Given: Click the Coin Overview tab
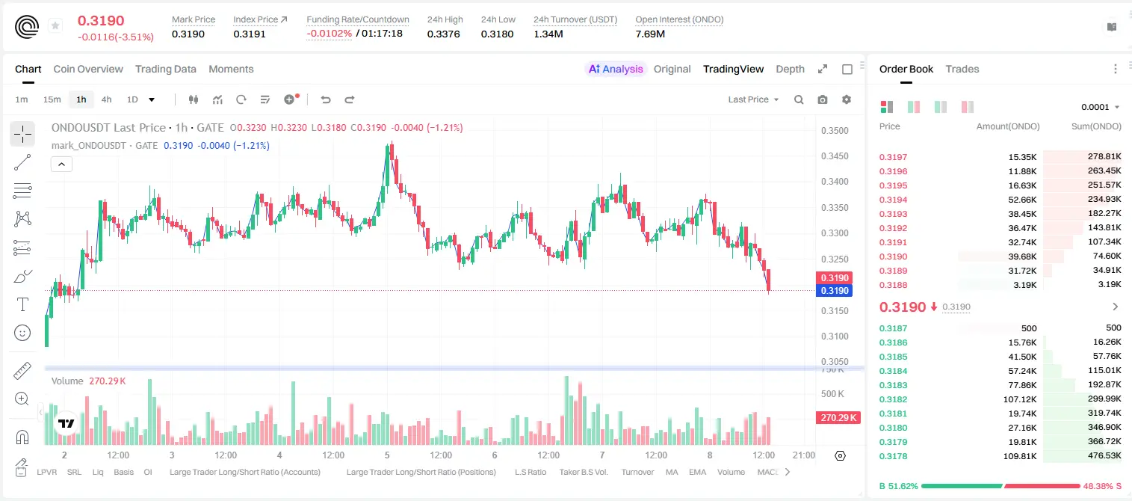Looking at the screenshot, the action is click(x=88, y=69).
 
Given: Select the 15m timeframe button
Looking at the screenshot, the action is click(x=52, y=99).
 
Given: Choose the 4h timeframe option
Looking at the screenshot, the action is click(x=106, y=99).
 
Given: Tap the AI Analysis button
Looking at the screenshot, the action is click(x=615, y=69).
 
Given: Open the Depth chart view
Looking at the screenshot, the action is click(x=790, y=69).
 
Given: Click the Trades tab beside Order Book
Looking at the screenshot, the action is click(x=962, y=69).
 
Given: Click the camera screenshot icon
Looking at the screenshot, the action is click(x=823, y=99).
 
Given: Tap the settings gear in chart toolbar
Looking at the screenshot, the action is click(x=847, y=99).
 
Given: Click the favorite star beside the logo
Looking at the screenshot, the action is click(x=55, y=25).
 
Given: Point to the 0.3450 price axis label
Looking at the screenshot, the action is click(x=835, y=156).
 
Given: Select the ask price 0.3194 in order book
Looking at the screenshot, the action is click(x=893, y=200).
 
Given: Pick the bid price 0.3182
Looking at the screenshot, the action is click(x=893, y=399).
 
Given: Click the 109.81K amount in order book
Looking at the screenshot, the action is click(x=1020, y=456).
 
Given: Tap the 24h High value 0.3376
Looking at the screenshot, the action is click(x=443, y=34).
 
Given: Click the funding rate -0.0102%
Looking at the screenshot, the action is click(x=329, y=34).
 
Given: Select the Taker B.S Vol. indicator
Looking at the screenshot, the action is click(x=583, y=472).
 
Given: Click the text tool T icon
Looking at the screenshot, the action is click(x=22, y=304).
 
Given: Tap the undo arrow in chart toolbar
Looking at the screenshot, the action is click(x=326, y=99).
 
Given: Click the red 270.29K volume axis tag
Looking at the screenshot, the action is click(x=838, y=417).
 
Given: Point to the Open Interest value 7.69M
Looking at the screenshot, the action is click(x=650, y=34).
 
